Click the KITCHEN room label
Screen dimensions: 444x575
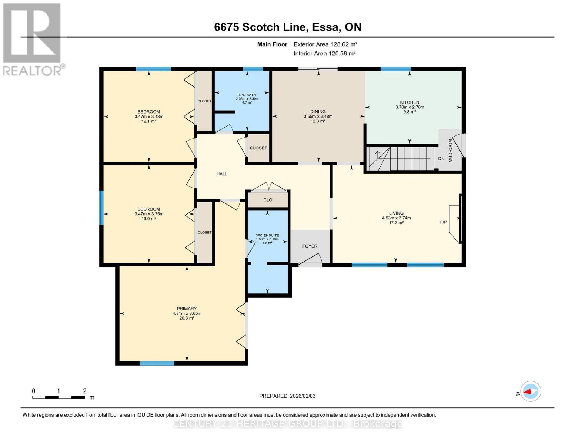point(409,102)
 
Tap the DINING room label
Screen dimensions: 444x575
point(318,112)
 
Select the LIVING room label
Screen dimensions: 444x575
point(396,213)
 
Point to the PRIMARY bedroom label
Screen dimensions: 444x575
point(187,309)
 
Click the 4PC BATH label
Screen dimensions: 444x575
point(247,95)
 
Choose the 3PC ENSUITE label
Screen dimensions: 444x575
point(267,235)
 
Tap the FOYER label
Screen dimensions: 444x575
point(310,246)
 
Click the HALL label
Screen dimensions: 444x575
point(222,174)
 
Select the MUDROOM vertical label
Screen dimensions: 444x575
point(451,151)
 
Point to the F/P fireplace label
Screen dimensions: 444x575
point(443,222)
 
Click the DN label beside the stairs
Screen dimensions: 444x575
point(441,159)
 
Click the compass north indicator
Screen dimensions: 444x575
point(530,391)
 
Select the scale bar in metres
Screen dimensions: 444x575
point(58,397)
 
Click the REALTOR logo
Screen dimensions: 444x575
point(32,39)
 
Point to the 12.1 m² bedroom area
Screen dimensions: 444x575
point(149,121)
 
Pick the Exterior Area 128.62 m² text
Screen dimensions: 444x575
point(325,44)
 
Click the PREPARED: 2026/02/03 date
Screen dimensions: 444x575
point(287,396)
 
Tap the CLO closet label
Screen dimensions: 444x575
point(268,200)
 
